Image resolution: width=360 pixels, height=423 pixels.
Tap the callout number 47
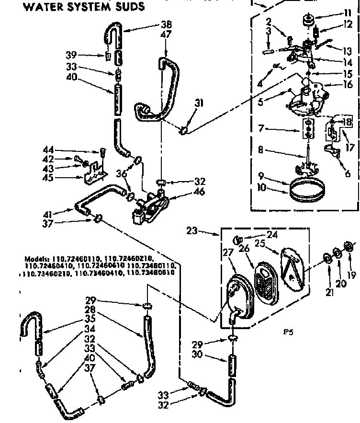(x=166, y=34)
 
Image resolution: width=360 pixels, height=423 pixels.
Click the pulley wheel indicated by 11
(x=308, y=21)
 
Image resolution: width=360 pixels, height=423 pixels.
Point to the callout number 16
(x=347, y=85)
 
